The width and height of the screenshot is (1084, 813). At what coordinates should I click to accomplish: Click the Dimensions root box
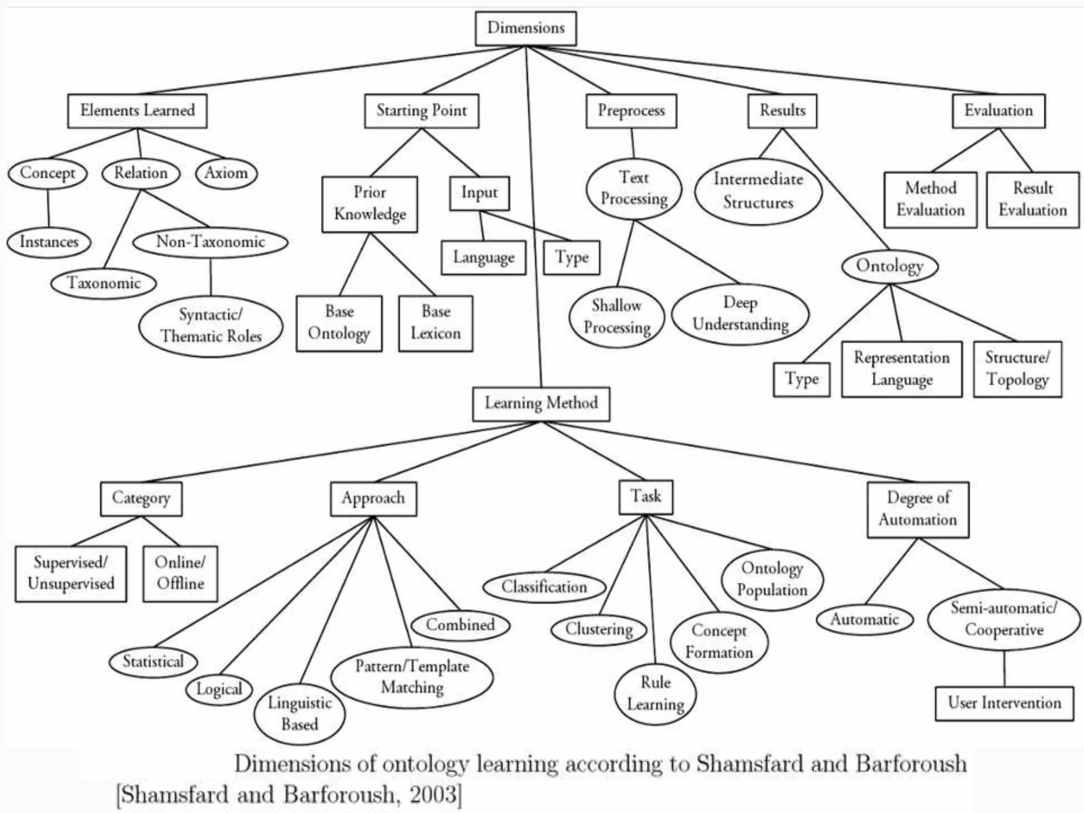[526, 28]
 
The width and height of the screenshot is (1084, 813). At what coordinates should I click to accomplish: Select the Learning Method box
[541, 404]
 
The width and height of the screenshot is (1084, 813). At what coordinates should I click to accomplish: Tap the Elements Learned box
[137, 111]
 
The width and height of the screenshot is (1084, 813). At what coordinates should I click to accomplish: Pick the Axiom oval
[226, 173]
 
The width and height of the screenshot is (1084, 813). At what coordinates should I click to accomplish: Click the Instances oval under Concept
[49, 242]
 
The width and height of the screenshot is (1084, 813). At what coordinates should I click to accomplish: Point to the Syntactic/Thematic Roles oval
[211, 326]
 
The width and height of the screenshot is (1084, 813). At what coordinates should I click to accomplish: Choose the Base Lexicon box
[436, 323]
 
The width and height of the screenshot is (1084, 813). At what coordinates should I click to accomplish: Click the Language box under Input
[483, 258]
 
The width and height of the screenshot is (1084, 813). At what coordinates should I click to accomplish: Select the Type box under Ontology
[801, 379]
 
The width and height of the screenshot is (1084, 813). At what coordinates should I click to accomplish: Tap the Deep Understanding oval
[740, 313]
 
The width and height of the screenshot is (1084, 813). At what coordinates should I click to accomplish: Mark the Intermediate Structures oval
[758, 191]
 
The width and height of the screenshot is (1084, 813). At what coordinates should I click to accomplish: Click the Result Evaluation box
[1032, 200]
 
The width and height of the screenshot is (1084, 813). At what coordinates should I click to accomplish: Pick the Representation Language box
[901, 369]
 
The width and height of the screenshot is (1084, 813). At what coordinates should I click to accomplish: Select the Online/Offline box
[180, 573]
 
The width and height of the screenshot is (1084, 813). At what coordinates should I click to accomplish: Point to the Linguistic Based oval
[300, 713]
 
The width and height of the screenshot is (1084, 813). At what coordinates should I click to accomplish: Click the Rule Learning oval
[655, 693]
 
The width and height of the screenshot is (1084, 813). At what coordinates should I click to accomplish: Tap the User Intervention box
[1004, 703]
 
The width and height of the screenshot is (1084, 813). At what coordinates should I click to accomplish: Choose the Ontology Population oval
[772, 579]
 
